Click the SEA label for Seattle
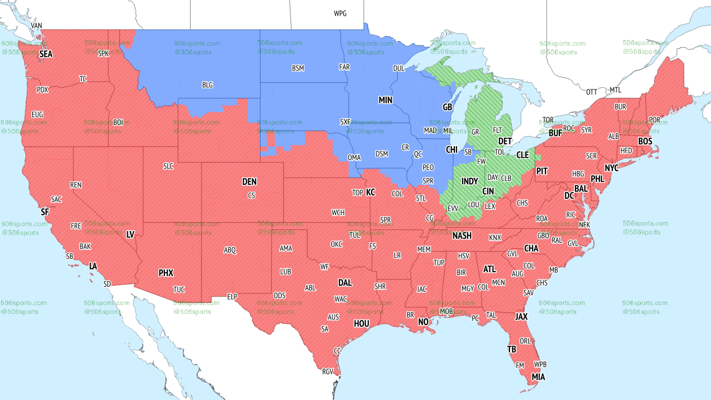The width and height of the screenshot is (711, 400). point(46,54)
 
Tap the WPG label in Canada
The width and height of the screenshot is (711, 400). point(340,13)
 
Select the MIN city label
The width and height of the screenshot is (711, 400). point(385,100)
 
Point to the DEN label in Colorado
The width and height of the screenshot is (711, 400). point(249,182)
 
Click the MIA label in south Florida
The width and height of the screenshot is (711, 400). point(538,377)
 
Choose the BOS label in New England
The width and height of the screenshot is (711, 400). point(645,142)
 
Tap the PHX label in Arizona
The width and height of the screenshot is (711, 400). point(166,273)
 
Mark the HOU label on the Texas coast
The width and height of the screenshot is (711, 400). point(362,323)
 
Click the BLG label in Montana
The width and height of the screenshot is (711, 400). point(207,85)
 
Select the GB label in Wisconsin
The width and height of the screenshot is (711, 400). point(447,107)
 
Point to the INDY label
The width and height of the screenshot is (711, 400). point(469,182)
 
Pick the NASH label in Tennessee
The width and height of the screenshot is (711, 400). point(462,236)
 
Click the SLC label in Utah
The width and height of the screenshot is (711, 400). point(168,166)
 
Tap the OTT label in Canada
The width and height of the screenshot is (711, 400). point(592,92)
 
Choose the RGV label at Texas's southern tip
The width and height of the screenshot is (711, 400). point(327,372)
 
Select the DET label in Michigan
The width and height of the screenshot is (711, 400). point(505,142)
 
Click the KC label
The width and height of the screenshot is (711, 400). point(370,192)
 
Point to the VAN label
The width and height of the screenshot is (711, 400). point(36,26)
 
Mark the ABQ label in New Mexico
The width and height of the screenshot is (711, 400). point(230,250)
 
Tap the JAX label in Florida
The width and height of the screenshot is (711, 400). point(521,317)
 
